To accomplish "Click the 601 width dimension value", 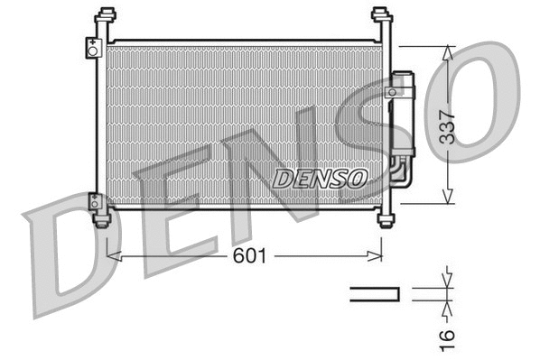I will [250, 256].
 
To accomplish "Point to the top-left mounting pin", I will [106, 15].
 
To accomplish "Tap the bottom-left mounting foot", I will [102, 219].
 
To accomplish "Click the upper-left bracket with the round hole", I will [93, 48].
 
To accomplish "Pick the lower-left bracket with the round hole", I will [95, 201].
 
